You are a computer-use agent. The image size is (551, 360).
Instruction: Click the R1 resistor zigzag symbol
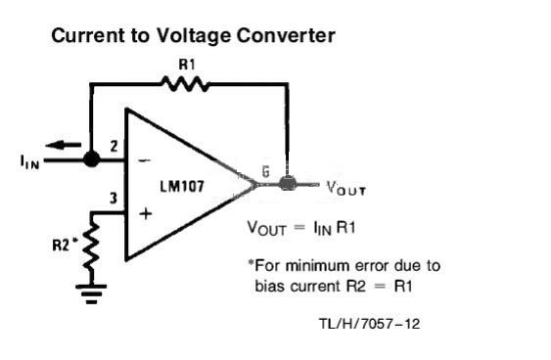pos(185,84)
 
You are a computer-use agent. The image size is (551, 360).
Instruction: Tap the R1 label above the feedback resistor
pos(187,65)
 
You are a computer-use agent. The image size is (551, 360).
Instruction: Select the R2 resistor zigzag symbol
pos(91,247)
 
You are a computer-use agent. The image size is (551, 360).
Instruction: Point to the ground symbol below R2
pos(91,293)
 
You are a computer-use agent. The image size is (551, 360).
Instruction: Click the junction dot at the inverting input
pos(91,159)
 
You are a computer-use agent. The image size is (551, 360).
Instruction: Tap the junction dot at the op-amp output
pos(288,183)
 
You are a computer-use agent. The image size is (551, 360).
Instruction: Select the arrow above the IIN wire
pos(64,145)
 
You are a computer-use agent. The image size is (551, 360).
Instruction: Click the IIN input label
pos(30,162)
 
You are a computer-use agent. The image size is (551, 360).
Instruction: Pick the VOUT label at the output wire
pos(346,188)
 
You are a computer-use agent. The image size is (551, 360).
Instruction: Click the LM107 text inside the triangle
pos(182,186)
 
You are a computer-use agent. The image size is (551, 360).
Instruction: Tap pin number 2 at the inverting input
pos(114,146)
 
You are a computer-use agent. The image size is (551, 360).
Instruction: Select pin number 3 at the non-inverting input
pos(114,199)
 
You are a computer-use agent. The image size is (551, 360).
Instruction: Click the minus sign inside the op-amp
pos(145,160)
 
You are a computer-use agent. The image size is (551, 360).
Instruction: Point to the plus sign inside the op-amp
pos(146,213)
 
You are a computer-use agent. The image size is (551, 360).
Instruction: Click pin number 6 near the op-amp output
pos(265,172)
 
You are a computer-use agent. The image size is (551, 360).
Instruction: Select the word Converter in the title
pos(286,35)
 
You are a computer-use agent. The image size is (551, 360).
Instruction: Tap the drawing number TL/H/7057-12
pos(369,324)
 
